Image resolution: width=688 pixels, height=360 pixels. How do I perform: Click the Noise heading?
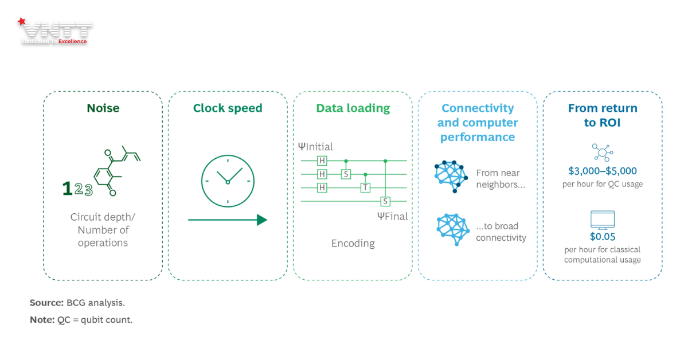point(103,108)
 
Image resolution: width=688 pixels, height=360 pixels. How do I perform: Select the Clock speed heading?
point(228,108)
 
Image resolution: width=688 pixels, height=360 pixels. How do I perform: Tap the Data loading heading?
point(353,108)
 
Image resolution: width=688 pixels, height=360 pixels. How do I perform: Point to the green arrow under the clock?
point(228,220)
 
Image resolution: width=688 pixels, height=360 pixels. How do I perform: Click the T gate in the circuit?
point(365,187)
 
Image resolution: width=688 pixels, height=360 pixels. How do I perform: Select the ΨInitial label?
point(315,147)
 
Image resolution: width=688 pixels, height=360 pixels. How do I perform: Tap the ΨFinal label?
point(392,216)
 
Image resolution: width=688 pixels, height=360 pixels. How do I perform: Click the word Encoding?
point(353,243)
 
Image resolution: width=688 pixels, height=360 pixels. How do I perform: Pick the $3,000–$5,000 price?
point(603,171)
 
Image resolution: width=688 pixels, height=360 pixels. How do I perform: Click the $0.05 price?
point(603,236)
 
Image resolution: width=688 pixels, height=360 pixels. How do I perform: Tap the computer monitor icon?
point(603,220)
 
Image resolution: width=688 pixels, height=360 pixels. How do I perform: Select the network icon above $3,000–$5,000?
point(603,152)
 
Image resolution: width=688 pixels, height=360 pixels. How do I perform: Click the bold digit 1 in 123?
point(67,189)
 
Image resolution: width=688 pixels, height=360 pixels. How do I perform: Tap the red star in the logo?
point(22,22)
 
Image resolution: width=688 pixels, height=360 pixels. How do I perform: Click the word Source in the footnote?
point(46,302)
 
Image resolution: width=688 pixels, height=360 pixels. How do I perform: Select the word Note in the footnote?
point(42,320)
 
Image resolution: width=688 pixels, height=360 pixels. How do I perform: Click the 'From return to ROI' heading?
point(603,115)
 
